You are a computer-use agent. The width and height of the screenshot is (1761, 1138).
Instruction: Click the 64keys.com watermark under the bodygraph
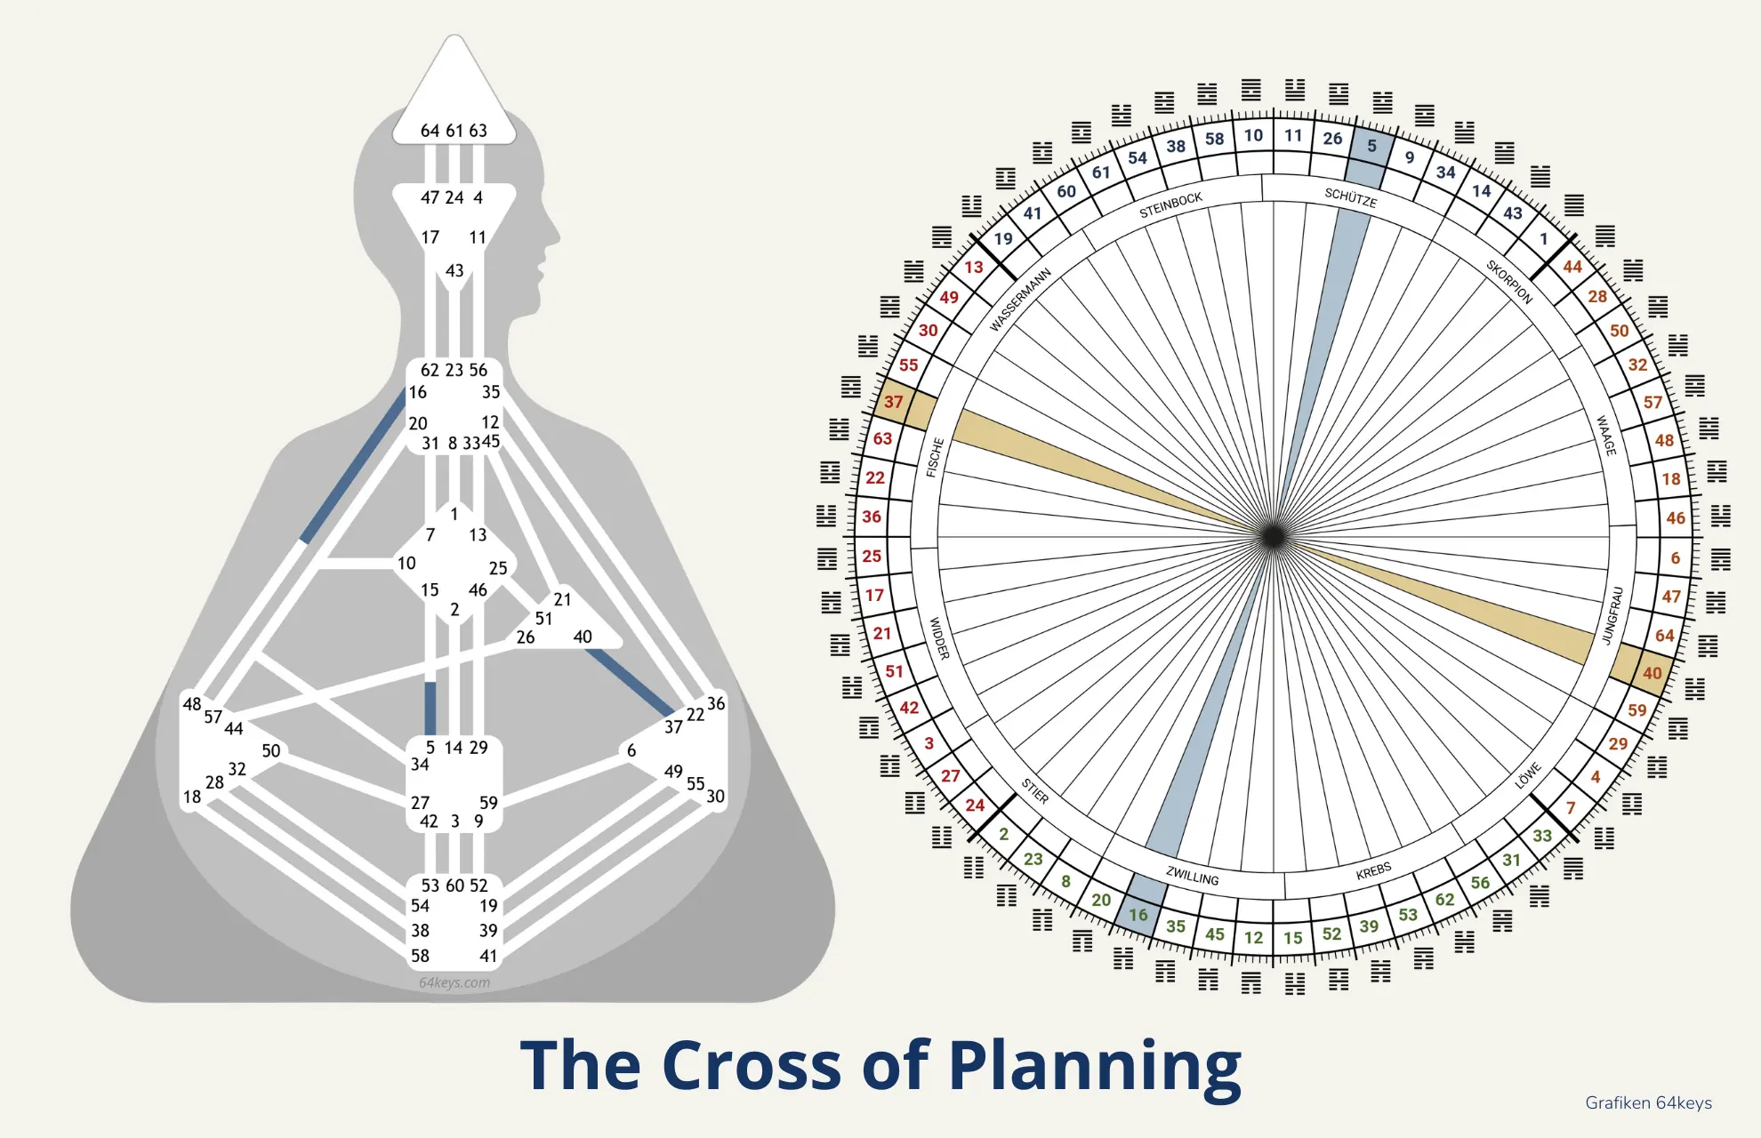pyautogui.click(x=454, y=982)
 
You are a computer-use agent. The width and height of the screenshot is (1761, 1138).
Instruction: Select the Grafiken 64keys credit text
pyautogui.click(x=1648, y=1102)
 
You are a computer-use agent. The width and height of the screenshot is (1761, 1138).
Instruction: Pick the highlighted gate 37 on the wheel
pyautogui.click(x=894, y=402)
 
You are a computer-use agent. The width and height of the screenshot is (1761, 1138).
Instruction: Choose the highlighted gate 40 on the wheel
pyautogui.click(x=1652, y=673)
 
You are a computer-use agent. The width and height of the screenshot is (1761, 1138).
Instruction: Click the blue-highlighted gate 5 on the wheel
pyautogui.click(x=1371, y=146)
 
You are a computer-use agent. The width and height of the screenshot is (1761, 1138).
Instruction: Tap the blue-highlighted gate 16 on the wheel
pyautogui.click(x=1138, y=914)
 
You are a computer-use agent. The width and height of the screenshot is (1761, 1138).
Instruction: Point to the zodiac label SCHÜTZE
pyautogui.click(x=1350, y=198)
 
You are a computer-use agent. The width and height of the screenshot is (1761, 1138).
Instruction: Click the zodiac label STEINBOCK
pyautogui.click(x=1170, y=204)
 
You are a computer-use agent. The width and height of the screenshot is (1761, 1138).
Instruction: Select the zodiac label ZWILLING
pyautogui.click(x=1193, y=876)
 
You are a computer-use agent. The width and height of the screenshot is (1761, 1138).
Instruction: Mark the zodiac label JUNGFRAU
pyautogui.click(x=1612, y=614)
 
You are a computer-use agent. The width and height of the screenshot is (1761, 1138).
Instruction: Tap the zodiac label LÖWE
pyautogui.click(x=1527, y=775)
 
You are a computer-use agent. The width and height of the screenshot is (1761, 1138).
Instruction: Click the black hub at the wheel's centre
pyautogui.click(x=1273, y=536)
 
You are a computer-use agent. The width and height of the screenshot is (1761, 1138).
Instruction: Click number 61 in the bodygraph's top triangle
pyautogui.click(x=454, y=131)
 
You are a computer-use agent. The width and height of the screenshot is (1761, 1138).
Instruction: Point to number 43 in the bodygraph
pyautogui.click(x=454, y=270)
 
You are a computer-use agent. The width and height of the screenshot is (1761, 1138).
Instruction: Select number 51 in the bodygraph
pyautogui.click(x=543, y=619)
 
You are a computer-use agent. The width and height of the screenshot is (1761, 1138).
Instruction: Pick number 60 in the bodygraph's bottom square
pyautogui.click(x=454, y=886)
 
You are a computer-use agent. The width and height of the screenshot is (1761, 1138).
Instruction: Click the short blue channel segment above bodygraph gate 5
pyautogui.click(x=430, y=708)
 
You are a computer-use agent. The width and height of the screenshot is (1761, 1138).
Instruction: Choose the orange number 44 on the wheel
pyautogui.click(x=1572, y=266)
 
